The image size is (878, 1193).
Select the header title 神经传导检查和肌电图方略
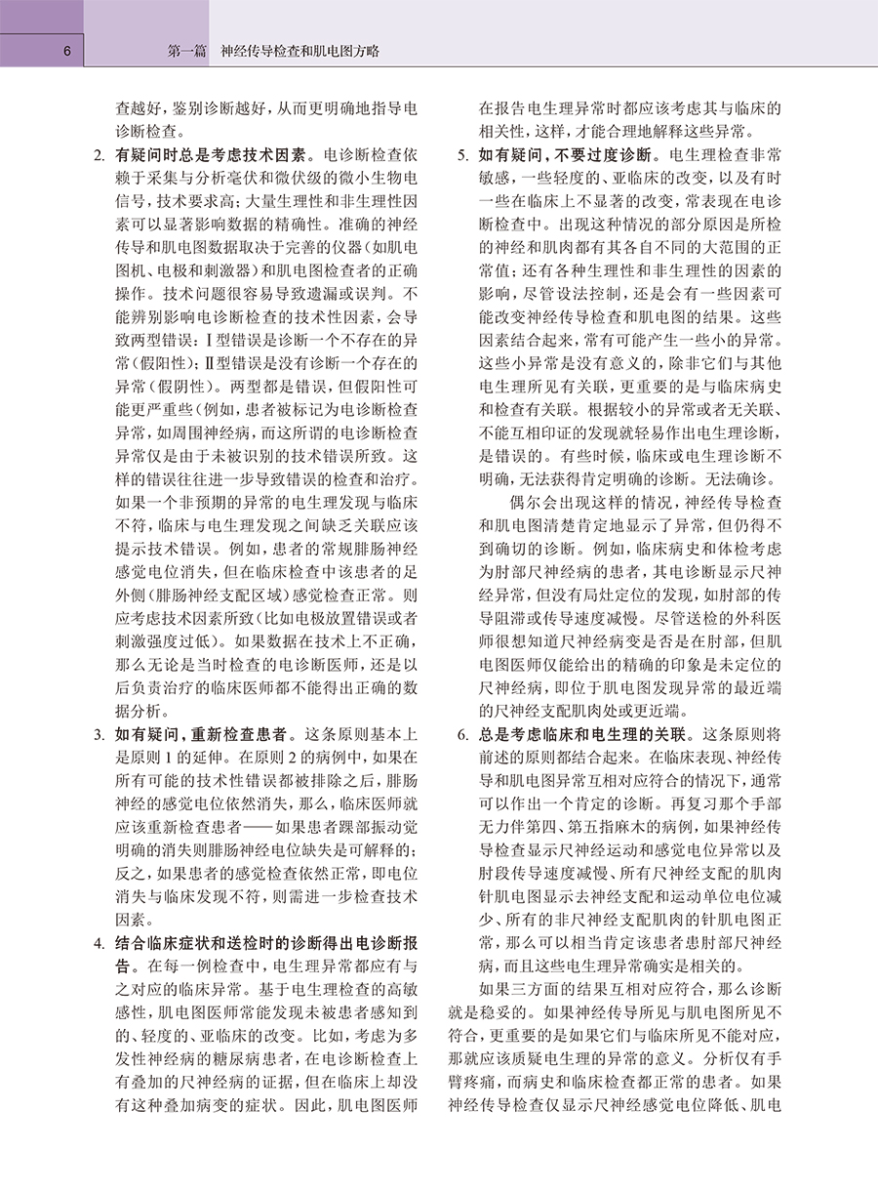tap(300, 51)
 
